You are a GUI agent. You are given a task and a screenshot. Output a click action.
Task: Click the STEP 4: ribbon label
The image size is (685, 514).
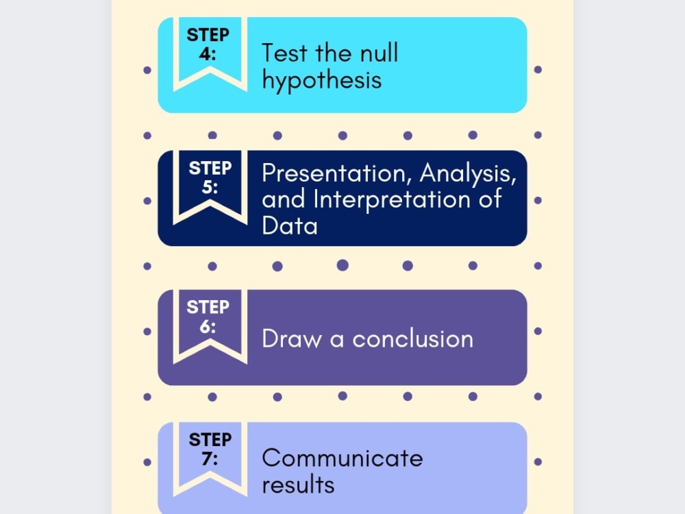pos(208,44)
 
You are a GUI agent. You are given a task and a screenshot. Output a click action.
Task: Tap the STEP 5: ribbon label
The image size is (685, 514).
pos(210,177)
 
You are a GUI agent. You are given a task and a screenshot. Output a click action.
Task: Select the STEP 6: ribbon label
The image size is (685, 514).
pos(208,316)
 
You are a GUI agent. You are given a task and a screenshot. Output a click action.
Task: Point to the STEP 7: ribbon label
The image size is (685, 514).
pos(210,449)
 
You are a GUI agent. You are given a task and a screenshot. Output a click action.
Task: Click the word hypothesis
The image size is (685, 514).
pos(321,81)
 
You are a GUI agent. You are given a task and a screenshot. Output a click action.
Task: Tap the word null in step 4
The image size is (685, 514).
pos(376,53)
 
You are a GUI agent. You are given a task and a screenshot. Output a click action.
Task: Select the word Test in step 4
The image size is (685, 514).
pos(287,53)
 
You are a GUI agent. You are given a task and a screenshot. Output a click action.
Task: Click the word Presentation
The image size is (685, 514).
pos(336,173)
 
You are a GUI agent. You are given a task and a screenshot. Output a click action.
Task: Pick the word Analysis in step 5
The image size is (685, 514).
pos(468,173)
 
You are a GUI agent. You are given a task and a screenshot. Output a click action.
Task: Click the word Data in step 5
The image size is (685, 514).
pos(289,226)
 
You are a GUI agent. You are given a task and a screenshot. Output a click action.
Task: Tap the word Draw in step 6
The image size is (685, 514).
pos(291,339)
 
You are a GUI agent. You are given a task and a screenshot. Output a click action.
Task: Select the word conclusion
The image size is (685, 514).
pos(412,339)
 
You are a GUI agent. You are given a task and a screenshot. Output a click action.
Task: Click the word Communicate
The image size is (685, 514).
pos(342,457)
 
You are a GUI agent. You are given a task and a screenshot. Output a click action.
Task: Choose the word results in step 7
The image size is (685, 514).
pos(298,485)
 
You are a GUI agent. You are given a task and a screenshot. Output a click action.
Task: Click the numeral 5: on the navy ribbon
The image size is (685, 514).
pos(210,186)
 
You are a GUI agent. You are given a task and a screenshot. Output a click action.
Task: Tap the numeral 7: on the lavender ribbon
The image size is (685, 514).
pos(210,458)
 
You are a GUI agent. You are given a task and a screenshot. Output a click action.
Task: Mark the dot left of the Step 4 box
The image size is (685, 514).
pos(147,70)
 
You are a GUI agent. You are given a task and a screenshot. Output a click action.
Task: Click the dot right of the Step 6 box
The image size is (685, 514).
pos(538,331)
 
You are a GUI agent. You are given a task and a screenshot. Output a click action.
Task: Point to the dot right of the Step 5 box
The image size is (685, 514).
pos(538,201)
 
